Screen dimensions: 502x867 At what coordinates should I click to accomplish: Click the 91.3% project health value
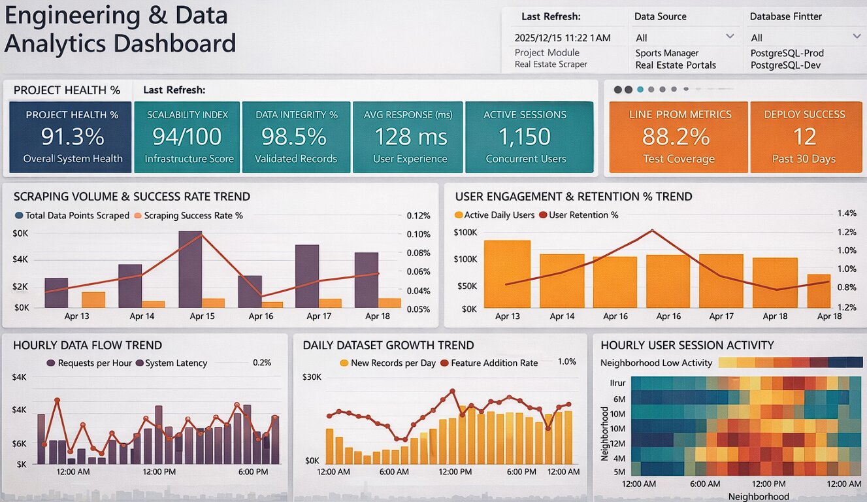73,137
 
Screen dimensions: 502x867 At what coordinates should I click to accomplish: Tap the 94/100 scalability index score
187,137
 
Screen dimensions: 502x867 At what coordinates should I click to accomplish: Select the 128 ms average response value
410,137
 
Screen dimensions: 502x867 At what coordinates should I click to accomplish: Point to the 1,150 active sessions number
525,137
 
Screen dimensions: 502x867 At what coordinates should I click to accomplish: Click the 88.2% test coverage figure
676,137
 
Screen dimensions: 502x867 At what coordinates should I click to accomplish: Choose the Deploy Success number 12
804,137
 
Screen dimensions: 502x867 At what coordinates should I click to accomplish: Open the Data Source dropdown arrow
730,37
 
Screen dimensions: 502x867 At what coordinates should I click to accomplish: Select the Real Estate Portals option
676,65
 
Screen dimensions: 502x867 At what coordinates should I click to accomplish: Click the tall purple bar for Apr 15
190,269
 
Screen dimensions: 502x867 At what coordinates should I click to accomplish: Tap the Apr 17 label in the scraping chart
319,316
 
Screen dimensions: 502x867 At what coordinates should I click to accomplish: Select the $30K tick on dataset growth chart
312,377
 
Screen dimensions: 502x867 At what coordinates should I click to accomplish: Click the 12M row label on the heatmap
618,443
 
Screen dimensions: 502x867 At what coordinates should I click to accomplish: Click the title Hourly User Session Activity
687,345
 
